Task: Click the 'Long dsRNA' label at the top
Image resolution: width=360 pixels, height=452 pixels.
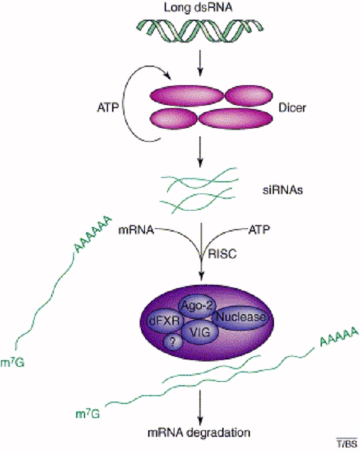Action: point(198,7)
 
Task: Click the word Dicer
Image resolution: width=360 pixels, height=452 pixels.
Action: point(292,108)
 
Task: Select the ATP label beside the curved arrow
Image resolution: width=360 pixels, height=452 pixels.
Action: point(108,108)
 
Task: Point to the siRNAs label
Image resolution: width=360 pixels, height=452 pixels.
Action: point(283,190)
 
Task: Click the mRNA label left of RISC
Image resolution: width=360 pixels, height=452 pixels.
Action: point(136,230)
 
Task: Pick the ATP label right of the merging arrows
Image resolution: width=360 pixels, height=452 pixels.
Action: point(259,230)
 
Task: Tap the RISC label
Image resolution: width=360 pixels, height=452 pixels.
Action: point(222,254)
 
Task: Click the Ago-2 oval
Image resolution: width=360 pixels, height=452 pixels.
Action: point(197,306)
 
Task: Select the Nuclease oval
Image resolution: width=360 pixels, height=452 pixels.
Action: point(241,318)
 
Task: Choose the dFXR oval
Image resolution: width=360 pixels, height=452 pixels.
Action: point(165,321)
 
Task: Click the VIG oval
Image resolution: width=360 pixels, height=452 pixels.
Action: point(200,333)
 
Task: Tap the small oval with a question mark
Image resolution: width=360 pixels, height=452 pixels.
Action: point(172,342)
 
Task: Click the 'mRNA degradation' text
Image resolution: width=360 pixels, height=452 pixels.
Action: point(199,433)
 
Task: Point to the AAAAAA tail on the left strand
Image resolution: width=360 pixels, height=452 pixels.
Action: point(92,234)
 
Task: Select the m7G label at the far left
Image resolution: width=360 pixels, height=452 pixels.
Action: point(12,362)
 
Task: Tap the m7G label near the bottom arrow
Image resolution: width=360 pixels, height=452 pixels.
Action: point(88,414)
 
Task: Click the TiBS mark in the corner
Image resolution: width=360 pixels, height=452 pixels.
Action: point(347,443)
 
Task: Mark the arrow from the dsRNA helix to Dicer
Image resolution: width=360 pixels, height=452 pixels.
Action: point(200,63)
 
